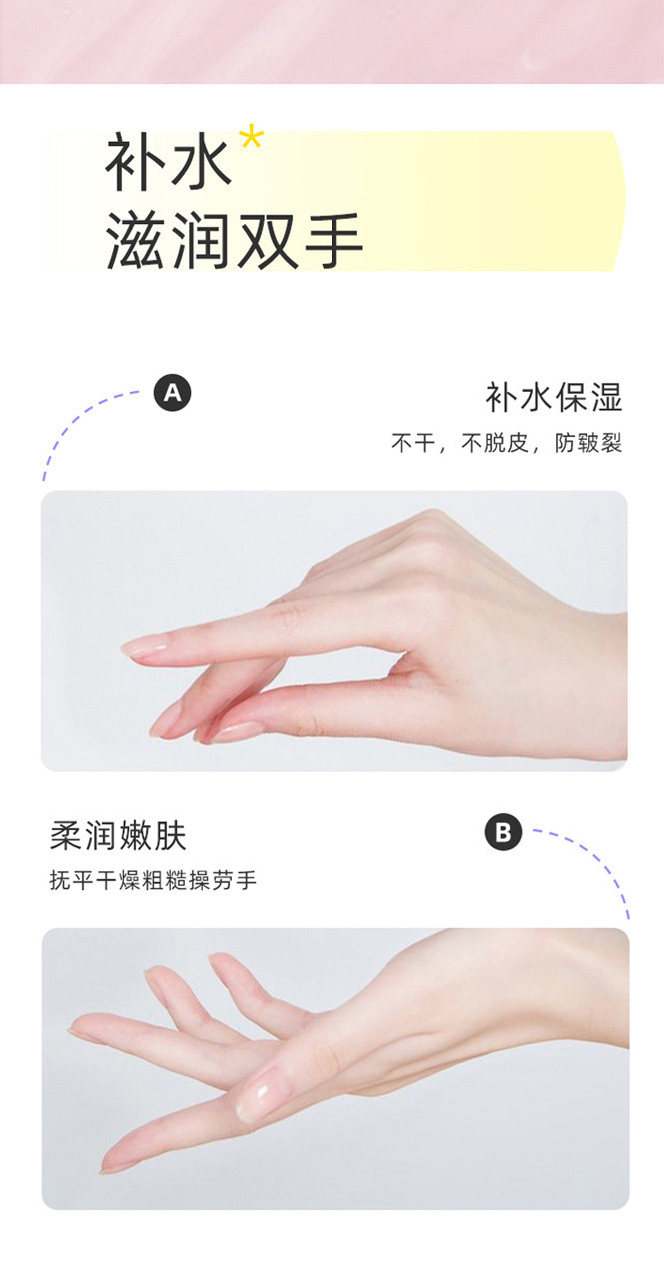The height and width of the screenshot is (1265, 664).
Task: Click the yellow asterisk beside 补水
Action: point(251,139)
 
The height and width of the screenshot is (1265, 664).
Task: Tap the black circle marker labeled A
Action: point(173,392)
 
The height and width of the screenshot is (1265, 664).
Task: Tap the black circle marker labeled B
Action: point(503,832)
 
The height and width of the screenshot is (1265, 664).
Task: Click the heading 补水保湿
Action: point(554,397)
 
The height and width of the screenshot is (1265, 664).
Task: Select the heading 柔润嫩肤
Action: point(118,835)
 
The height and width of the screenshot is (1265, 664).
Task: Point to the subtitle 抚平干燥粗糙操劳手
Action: point(153,880)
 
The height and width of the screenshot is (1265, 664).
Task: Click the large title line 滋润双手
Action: point(234,241)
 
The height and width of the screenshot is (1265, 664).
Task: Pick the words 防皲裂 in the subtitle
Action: point(588,443)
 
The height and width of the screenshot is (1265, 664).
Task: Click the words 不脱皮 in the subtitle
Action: point(496,443)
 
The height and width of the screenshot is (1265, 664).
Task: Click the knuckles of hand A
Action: point(434,543)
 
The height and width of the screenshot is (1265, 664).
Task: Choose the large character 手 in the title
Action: point(332,241)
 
